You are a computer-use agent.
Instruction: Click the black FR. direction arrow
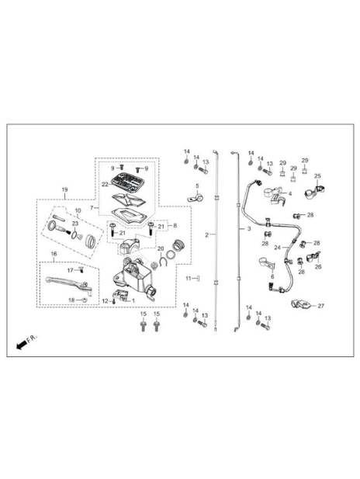point(21,345)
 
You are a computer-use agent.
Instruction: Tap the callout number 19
point(64,189)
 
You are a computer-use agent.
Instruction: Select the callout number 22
point(105,185)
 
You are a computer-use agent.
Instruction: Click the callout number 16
point(54,254)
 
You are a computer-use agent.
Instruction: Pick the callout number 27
point(320,306)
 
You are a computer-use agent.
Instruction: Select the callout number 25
point(317,176)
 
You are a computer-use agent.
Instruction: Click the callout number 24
point(277,248)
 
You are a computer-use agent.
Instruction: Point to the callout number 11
point(189,278)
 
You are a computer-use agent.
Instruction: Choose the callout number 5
point(197,186)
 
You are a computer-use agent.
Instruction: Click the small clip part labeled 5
point(196,198)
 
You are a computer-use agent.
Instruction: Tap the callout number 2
point(206,235)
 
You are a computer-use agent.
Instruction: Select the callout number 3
point(249,229)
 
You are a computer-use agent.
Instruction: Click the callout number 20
point(161,248)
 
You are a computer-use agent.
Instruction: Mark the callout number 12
point(105,301)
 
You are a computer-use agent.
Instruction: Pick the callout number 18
point(71,300)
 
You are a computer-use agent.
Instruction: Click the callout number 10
point(78,210)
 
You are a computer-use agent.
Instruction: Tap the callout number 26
point(318,267)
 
